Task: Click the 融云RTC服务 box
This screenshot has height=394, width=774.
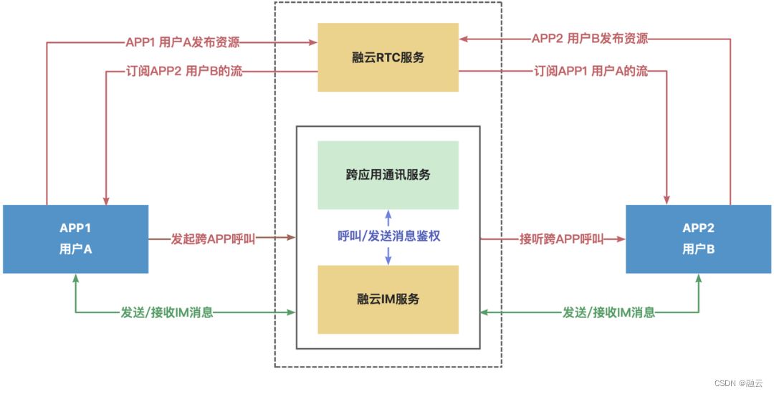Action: (388, 57)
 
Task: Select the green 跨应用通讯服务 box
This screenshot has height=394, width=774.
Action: (388, 175)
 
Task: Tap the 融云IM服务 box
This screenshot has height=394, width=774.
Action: (388, 299)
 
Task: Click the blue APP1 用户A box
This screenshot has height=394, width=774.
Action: (75, 239)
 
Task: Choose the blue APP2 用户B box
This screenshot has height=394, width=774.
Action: (698, 239)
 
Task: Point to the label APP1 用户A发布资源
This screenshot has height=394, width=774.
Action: (182, 42)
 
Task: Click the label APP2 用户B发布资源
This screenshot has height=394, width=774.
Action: (589, 39)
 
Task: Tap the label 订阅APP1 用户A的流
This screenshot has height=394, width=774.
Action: (591, 72)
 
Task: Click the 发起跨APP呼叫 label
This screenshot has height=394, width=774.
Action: (213, 238)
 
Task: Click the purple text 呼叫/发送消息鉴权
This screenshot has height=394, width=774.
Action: (388, 236)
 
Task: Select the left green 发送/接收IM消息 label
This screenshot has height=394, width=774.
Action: (166, 312)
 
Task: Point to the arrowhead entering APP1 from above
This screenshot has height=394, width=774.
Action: (106, 199)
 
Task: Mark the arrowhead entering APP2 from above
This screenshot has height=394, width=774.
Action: (668, 199)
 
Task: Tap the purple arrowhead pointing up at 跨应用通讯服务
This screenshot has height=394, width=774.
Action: (388, 214)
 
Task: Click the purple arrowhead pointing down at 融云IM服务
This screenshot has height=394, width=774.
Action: (388, 260)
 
